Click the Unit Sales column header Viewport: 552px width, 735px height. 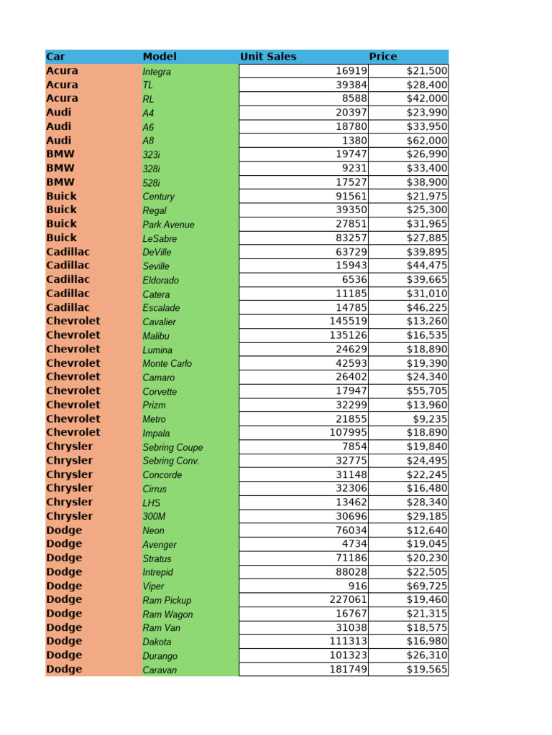(268, 57)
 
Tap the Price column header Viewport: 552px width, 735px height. (382, 57)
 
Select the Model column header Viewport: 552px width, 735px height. (160, 57)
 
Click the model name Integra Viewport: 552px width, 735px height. (157, 72)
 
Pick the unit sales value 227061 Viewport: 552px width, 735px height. (348, 600)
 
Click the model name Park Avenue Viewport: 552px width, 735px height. (168, 225)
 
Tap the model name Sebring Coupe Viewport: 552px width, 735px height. (172, 447)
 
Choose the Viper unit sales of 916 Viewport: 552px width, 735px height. (357, 586)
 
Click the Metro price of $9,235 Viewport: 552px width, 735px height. (431, 419)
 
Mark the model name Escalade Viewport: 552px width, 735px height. (161, 308)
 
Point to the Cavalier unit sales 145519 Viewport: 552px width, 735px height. (348, 322)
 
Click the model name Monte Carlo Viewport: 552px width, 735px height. (167, 363)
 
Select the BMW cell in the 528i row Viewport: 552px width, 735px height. (60, 182)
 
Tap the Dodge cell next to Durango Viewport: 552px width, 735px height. (64, 655)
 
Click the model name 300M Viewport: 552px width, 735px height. (154, 517)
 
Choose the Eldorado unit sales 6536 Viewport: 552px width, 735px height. (354, 280)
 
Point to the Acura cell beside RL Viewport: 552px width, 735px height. (63, 98)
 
